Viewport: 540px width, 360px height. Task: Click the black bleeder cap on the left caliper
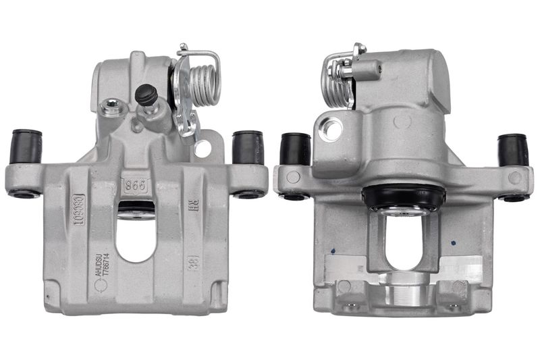(x=146, y=95)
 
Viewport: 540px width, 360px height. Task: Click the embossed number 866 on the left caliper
(x=135, y=184)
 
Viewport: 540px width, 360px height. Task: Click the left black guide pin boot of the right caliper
(x=295, y=149)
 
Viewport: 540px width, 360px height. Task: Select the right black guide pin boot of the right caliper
(x=513, y=149)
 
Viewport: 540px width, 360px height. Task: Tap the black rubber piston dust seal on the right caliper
(x=404, y=197)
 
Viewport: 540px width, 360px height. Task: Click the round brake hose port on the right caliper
(x=331, y=129)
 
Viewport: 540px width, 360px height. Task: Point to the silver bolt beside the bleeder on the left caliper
(x=110, y=106)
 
